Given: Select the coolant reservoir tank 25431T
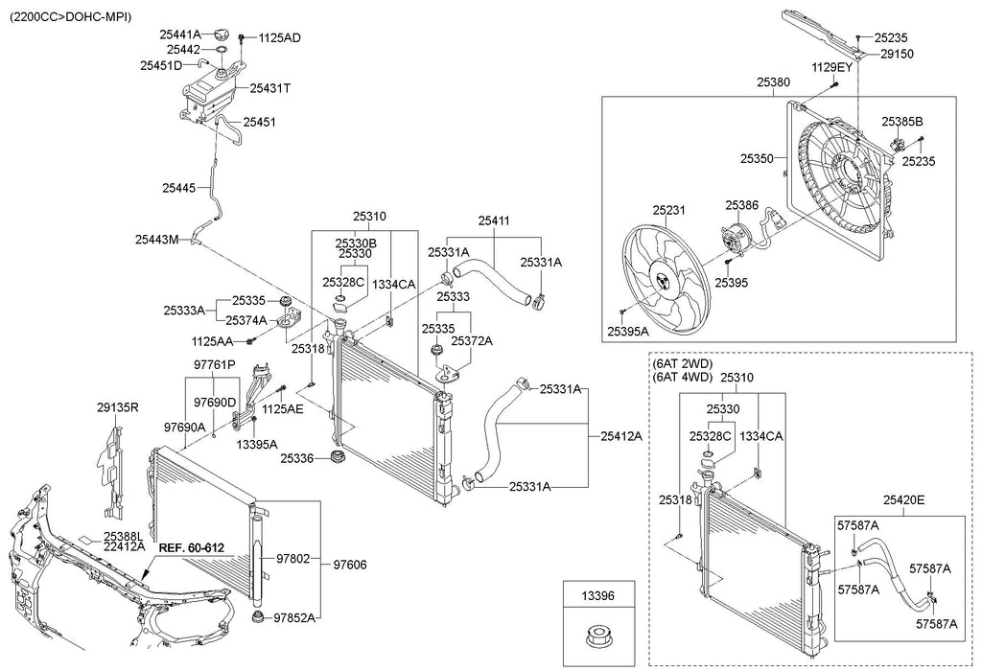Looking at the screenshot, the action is [211, 94].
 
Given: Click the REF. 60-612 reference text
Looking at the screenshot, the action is [191, 547].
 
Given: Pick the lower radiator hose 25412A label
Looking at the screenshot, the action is [621, 436].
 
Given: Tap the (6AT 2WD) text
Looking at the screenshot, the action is [683, 363].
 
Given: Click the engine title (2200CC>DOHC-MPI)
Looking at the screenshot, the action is [70, 17].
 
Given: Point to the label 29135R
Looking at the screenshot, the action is [118, 407].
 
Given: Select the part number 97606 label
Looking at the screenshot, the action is [349, 565].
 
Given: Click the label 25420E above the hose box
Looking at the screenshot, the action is [903, 499].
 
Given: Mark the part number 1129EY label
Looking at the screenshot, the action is [832, 67].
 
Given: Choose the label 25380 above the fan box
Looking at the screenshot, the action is [773, 82].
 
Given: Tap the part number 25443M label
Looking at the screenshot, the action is [156, 239].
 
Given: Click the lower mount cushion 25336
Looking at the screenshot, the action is [339, 457].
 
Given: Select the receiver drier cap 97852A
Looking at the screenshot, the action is [256, 617].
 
